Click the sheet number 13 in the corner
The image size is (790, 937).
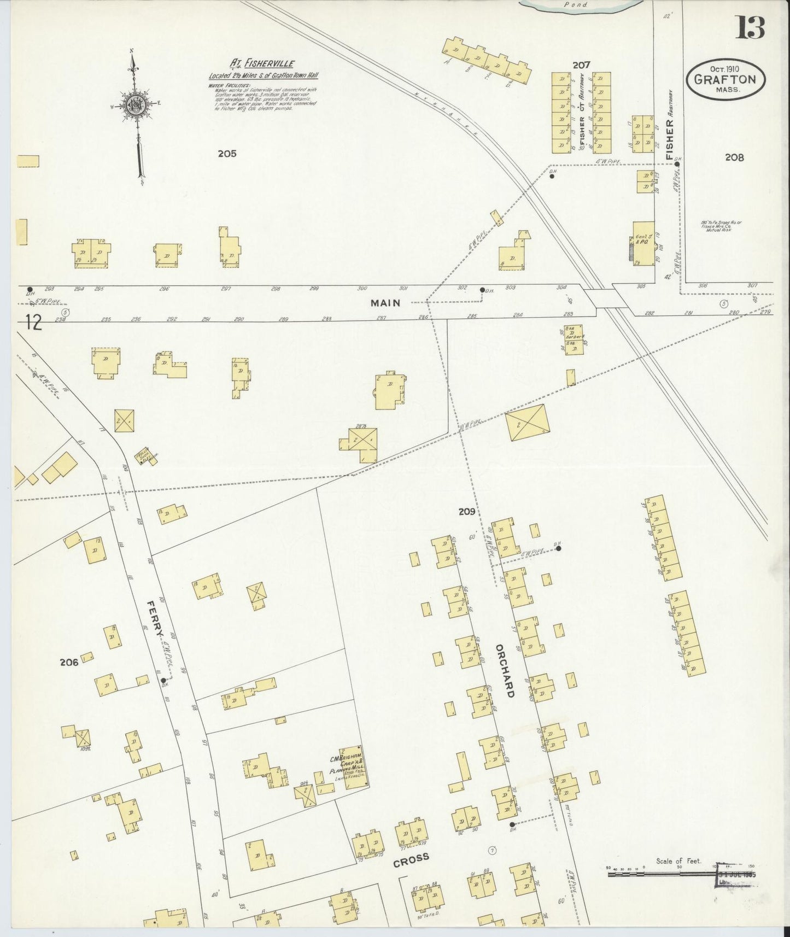pyautogui.click(x=750, y=27)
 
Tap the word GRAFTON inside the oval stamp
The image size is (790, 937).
pyautogui.click(x=725, y=79)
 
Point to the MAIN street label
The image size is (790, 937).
pyautogui.click(x=385, y=302)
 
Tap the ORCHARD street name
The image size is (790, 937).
pyautogui.click(x=505, y=670)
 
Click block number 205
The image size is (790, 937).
pyautogui.click(x=227, y=154)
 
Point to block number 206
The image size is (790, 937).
pyautogui.click(x=69, y=662)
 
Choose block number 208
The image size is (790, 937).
pyautogui.click(x=734, y=157)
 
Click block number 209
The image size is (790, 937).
pyautogui.click(x=467, y=512)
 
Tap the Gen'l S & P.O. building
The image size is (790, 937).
pyautogui.click(x=643, y=244)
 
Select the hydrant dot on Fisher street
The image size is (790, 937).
pyautogui.click(x=677, y=163)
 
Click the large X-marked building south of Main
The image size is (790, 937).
pyautogui.click(x=527, y=422)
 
